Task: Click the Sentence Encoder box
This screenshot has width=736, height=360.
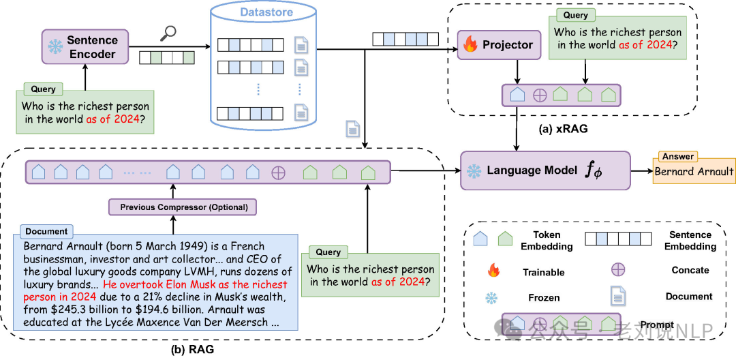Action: coord(85,46)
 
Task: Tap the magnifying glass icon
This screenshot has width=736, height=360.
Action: coord(168,32)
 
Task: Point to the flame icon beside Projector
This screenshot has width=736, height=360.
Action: coord(470,45)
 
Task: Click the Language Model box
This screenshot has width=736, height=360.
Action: coord(545,170)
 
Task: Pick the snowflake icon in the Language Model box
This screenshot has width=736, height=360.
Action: coord(474,171)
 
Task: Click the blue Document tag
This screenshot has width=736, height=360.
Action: coord(46,231)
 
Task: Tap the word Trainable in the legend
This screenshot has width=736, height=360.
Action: coord(544,273)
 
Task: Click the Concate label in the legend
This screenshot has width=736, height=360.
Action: coord(690,270)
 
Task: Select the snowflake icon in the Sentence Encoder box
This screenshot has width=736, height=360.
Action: coord(55,47)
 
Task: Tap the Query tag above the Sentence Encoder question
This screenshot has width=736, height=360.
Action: coord(43,89)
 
